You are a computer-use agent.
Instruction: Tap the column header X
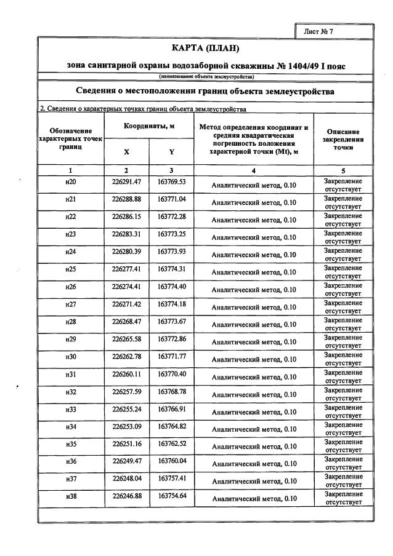126,151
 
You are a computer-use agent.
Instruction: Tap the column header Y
171,151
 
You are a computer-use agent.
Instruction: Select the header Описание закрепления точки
343,140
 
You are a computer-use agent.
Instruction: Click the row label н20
70,182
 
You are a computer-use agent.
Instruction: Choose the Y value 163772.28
171,216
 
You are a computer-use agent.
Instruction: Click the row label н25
70,269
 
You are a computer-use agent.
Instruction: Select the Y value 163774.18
171,303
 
